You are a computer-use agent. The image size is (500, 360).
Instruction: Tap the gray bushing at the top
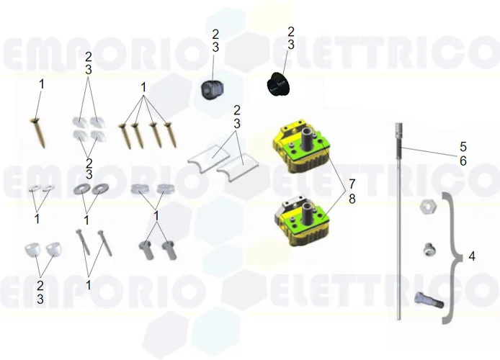tap(210, 89)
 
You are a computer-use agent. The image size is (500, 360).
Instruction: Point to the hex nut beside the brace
tap(427, 207)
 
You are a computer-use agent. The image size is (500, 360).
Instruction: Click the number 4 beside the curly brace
tap(471, 256)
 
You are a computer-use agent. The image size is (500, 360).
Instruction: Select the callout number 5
tap(463, 148)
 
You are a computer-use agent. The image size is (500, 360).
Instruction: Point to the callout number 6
tap(463, 161)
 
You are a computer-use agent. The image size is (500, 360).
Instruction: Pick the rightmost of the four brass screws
tap(171, 133)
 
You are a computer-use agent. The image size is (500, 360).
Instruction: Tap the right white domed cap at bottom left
tap(53, 249)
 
